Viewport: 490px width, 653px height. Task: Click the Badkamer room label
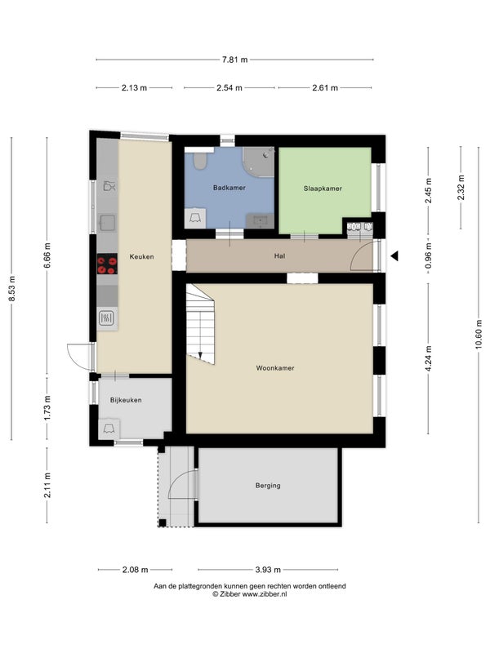click(x=229, y=188)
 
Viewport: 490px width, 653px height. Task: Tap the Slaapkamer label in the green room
click(x=323, y=189)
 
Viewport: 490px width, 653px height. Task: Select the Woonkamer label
click(x=275, y=368)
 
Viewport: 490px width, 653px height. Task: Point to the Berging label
click(x=268, y=486)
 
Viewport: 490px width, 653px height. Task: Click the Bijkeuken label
click(x=126, y=400)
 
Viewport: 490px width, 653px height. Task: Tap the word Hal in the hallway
click(x=279, y=256)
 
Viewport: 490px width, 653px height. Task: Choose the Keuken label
click(x=141, y=257)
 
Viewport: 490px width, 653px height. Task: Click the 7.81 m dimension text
click(x=234, y=60)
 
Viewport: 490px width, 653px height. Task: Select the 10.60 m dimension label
click(x=479, y=335)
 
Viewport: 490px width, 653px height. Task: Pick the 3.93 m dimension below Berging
click(x=268, y=570)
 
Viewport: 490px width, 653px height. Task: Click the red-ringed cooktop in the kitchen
click(x=107, y=264)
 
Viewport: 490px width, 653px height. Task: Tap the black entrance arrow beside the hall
click(x=394, y=256)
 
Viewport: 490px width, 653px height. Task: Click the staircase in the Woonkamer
click(x=200, y=324)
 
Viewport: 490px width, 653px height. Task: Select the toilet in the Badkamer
click(x=200, y=161)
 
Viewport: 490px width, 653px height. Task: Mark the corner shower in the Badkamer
click(x=258, y=162)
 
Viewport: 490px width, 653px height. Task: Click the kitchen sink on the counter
click(x=107, y=222)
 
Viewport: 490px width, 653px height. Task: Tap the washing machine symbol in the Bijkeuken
click(x=109, y=429)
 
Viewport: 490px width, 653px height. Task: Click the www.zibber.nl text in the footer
click(x=265, y=594)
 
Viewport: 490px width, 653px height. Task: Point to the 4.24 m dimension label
click(x=429, y=358)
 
